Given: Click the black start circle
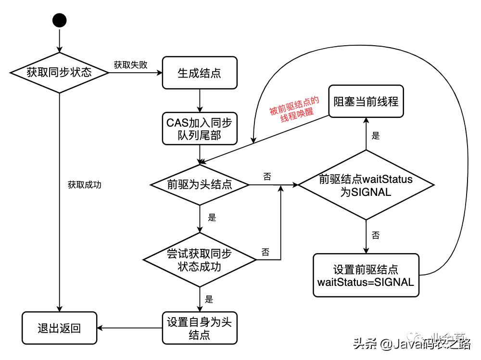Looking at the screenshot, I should (x=59, y=20).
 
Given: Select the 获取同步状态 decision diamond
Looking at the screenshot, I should (x=59, y=73).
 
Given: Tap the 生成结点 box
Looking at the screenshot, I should (x=200, y=73).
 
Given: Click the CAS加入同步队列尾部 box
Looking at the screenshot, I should (x=200, y=128).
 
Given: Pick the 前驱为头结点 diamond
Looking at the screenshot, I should (x=200, y=184).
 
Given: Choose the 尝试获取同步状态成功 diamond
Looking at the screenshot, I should (x=200, y=260).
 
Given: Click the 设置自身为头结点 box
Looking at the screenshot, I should (x=200, y=328).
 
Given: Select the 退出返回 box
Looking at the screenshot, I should (x=59, y=328).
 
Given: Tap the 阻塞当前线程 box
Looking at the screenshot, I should (x=366, y=102).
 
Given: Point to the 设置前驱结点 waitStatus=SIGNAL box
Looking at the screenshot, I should (x=366, y=275).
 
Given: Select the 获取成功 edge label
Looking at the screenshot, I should (x=85, y=184).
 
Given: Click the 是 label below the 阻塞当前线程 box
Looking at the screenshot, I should (x=376, y=136).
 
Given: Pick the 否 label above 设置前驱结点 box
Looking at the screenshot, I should (x=376, y=235).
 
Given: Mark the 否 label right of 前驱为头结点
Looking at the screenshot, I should (x=267, y=177).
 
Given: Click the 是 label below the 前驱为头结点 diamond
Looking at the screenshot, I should (x=212, y=217).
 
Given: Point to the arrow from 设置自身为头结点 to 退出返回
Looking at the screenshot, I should (x=130, y=329).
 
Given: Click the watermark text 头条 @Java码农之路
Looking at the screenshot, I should (x=411, y=344).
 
